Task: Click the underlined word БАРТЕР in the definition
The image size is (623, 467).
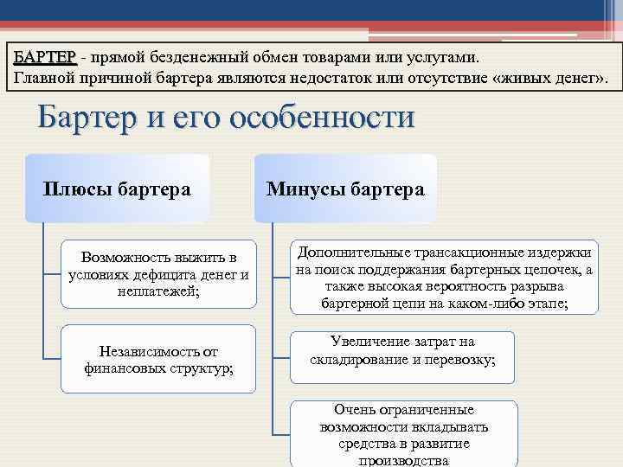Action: [45, 56]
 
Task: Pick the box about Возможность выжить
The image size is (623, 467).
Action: [158, 274]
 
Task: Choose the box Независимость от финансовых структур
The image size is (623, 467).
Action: [158, 359]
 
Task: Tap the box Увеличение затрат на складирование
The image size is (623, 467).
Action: [402, 351]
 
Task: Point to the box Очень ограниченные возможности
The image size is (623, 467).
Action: [403, 434]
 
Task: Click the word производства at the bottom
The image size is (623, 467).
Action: [403, 460]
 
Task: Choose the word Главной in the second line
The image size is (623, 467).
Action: [42, 80]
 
